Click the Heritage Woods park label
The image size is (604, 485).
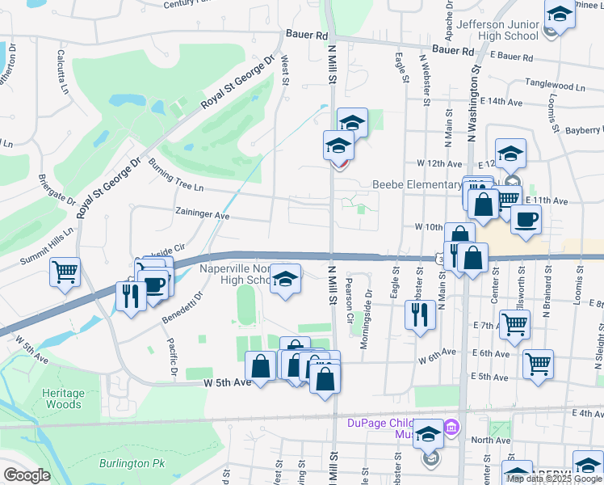[x=62, y=397]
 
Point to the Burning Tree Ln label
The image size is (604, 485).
[x=176, y=175]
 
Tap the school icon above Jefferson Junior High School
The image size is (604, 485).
[x=559, y=15]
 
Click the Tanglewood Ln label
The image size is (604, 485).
[x=554, y=85]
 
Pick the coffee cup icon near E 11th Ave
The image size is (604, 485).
[x=526, y=220]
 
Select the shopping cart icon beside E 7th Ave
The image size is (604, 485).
[x=514, y=325]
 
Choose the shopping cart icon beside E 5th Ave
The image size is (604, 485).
[x=537, y=363]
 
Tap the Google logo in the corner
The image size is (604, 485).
[x=27, y=475]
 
